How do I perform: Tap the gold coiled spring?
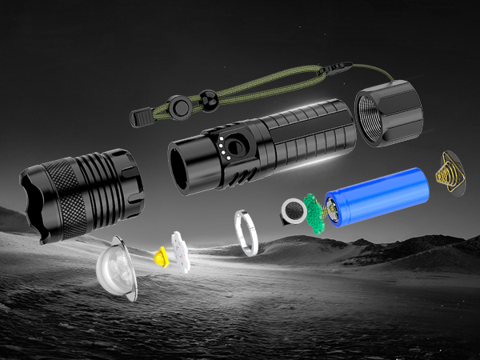448,173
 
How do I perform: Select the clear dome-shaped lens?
117,269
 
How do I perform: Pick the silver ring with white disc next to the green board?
294,212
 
